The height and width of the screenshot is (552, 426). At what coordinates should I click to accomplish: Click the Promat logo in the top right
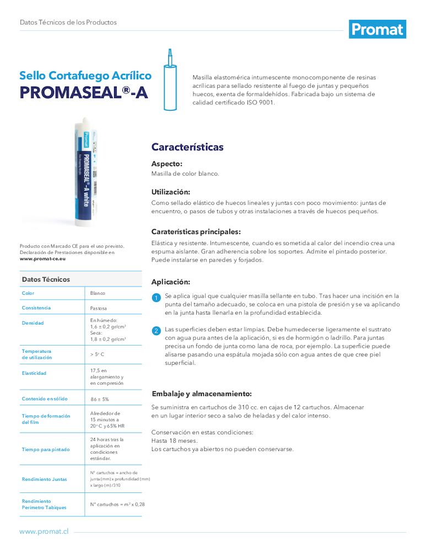point(378,29)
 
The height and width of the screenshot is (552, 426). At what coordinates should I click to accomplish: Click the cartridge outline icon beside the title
point(170,80)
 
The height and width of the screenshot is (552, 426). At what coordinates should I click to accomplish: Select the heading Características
point(187,147)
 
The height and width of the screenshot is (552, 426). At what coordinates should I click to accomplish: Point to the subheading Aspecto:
point(166,164)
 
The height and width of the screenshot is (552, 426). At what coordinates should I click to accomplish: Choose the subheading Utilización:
point(171,192)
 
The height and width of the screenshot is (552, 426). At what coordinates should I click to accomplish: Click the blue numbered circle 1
point(156,299)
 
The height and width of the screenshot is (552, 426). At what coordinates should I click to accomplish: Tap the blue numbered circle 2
point(156,331)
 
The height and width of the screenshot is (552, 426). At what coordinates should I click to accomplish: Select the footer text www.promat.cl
point(44,531)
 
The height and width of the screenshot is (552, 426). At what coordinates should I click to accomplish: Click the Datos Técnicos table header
point(46,279)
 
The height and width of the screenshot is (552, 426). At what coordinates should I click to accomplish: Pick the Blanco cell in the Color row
point(98,293)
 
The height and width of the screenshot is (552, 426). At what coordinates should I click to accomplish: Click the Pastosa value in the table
point(99,308)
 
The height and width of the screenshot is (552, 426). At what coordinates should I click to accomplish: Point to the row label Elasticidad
point(34,373)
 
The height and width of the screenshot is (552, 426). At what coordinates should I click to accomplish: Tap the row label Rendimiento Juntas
point(44,479)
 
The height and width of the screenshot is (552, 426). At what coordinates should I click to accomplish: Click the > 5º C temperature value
point(98,354)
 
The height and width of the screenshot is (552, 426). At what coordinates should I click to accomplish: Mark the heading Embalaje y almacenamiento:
point(201,394)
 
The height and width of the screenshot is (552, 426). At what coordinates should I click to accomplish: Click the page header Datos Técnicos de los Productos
point(68,23)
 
